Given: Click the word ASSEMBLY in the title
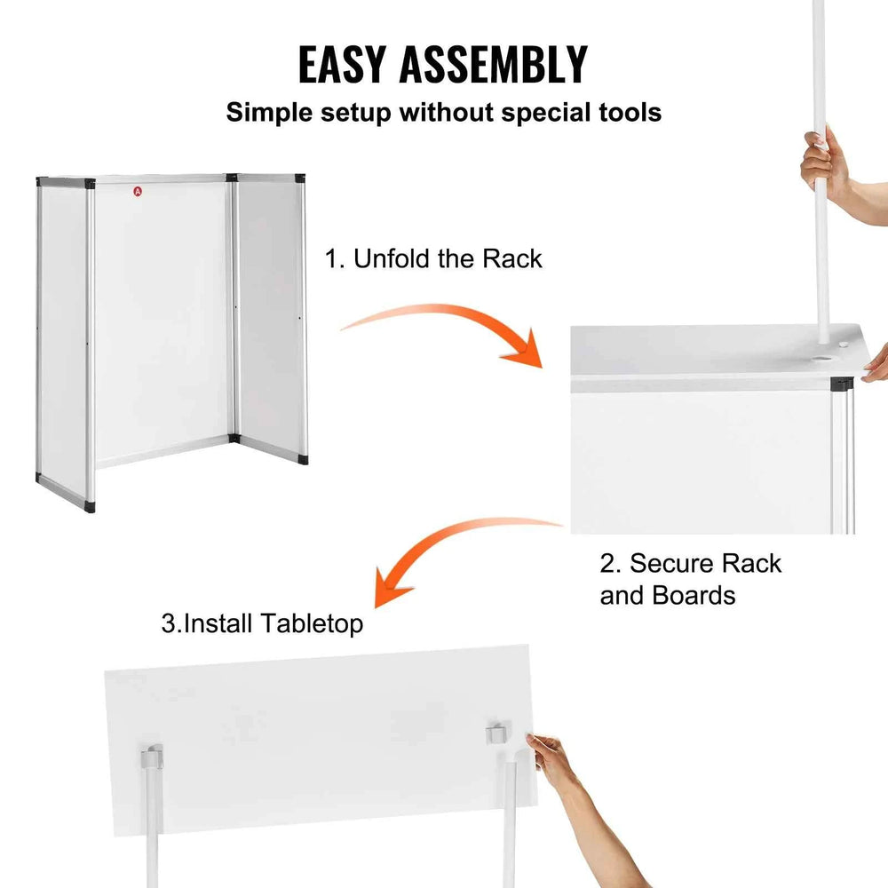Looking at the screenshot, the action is click(493, 65).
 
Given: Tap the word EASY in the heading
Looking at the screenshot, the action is click(342, 65).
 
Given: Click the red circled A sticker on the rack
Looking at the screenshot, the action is click(138, 192).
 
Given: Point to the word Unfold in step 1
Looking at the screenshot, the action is click(392, 258).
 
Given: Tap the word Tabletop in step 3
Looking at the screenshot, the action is click(312, 624).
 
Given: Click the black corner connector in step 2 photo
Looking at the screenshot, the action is click(842, 384).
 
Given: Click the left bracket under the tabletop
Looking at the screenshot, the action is click(152, 757).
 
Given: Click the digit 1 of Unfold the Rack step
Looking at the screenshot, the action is click(330, 259).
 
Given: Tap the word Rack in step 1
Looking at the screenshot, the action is click(512, 258).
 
